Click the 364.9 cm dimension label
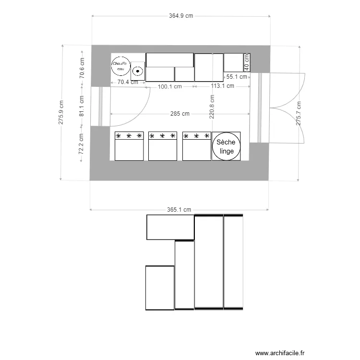click(x=181, y=15)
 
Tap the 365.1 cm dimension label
click(x=179, y=210)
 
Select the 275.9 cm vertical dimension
click(x=61, y=113)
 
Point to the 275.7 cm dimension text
click(x=299, y=113)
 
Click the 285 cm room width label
click(x=180, y=114)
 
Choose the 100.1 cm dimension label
click(x=170, y=87)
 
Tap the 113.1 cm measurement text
click(x=223, y=86)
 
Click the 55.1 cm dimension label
click(x=237, y=77)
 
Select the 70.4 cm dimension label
click(x=128, y=82)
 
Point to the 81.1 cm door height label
click(x=82, y=107)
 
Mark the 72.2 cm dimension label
click(x=82, y=143)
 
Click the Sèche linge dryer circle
click(x=226, y=146)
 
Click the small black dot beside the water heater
click(x=138, y=71)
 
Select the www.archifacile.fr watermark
click(x=280, y=353)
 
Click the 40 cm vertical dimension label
click(x=247, y=61)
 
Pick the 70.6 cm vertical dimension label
click(x=82, y=67)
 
